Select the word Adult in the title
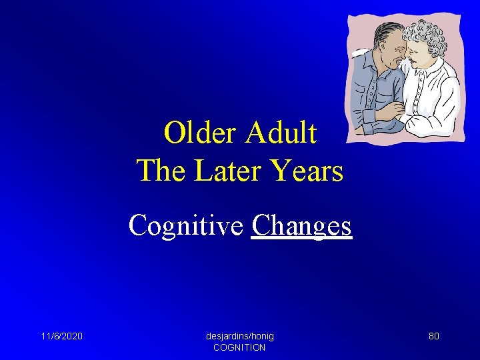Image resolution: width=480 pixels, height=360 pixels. click(x=281, y=133)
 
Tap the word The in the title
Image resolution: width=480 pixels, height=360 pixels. click(x=161, y=171)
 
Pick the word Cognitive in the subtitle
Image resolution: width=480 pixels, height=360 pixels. click(x=186, y=225)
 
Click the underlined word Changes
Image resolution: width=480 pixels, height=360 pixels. click(x=301, y=225)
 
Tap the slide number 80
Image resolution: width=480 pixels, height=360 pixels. click(x=433, y=336)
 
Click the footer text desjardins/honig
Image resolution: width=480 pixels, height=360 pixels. click(x=239, y=336)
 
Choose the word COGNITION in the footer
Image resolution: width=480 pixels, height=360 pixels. click(x=239, y=347)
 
